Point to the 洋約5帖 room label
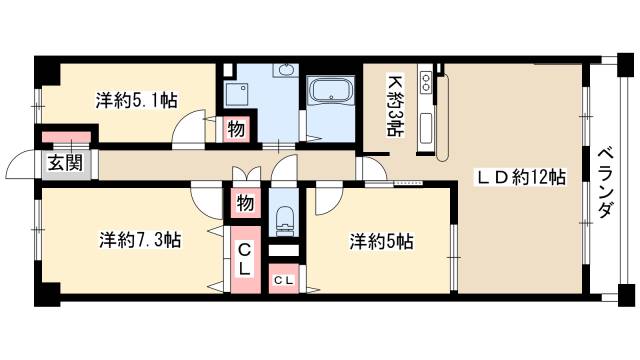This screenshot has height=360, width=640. point(382,240)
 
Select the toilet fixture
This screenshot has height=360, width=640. point(283,217)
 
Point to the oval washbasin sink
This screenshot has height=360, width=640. point(285,70)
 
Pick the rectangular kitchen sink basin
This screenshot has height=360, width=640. point(424,130)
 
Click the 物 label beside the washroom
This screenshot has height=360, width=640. point(235,129)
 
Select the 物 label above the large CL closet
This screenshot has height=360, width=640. point(245,204)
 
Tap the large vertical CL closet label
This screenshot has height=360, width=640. point(244,258)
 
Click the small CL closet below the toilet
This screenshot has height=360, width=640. point(284,281)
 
